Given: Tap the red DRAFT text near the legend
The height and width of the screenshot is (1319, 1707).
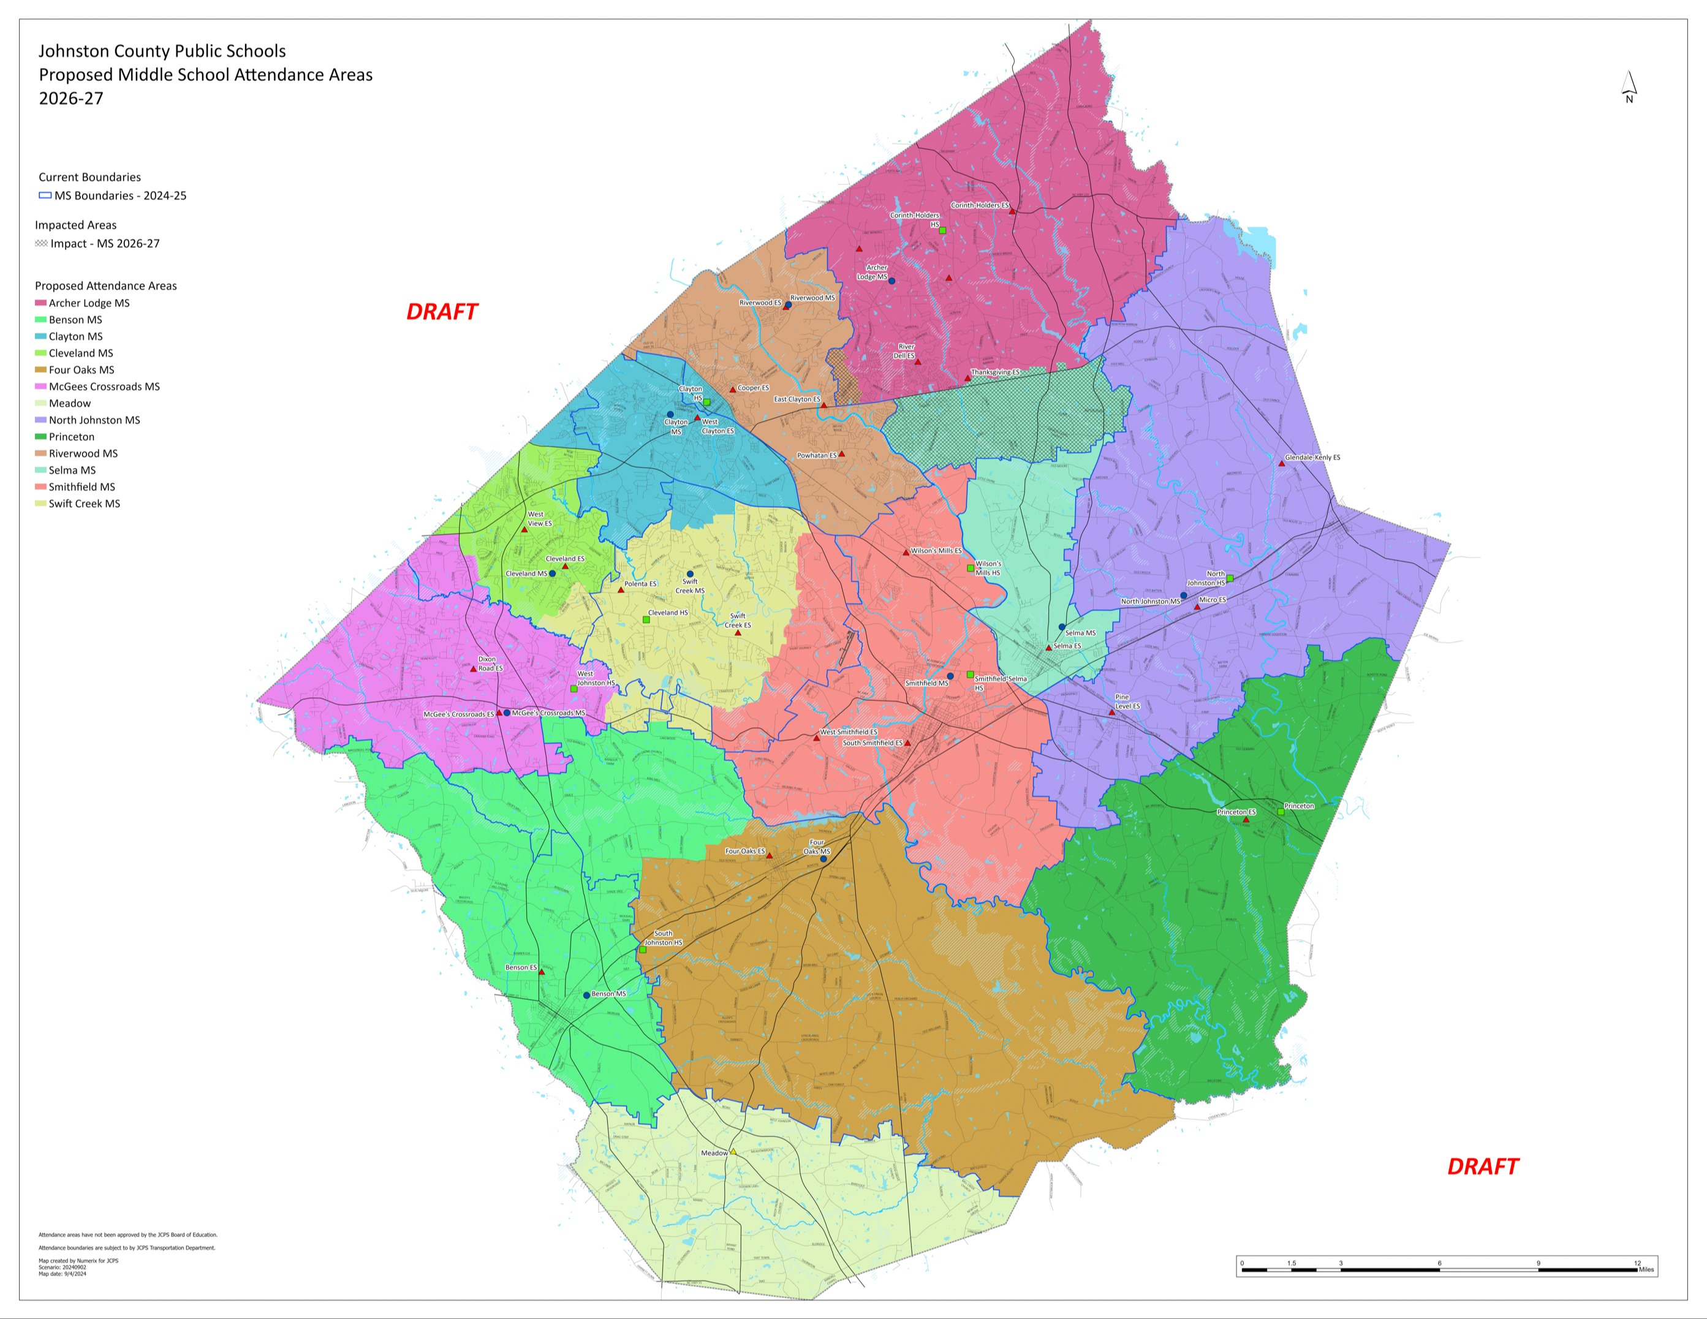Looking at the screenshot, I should pos(442,312).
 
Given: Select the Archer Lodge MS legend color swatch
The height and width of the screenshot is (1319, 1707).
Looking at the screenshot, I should pos(40,303).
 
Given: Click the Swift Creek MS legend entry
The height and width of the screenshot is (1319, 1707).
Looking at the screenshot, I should pos(85,504).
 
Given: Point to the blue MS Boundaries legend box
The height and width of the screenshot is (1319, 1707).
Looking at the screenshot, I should pos(45,195).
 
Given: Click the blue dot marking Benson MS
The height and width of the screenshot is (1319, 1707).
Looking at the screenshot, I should pos(586,995).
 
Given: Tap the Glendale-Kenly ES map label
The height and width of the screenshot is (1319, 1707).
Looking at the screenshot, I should pos(1312,457).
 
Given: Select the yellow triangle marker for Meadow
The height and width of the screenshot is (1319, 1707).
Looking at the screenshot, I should pos(733,1152).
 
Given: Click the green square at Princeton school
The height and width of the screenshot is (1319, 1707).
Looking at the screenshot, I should pos(1281,812).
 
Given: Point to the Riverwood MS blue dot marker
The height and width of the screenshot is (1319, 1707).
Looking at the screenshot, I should pos(789,304).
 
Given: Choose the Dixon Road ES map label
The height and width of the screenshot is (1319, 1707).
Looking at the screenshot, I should pos(490,663).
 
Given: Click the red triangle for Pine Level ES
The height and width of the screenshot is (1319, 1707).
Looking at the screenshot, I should pos(1111,712).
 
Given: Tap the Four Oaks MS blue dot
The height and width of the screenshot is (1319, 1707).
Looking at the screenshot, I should pos(823,859).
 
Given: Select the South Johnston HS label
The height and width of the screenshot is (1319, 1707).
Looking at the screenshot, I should pos(663,938).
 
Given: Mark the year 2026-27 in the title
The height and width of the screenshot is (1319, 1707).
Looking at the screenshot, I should pos(71,99).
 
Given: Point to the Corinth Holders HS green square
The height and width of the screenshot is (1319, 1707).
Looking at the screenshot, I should pos(942,230).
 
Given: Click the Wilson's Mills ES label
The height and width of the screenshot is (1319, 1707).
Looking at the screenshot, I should pos(936,551).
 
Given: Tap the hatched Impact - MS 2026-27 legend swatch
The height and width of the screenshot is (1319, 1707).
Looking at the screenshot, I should pos(42,244).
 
